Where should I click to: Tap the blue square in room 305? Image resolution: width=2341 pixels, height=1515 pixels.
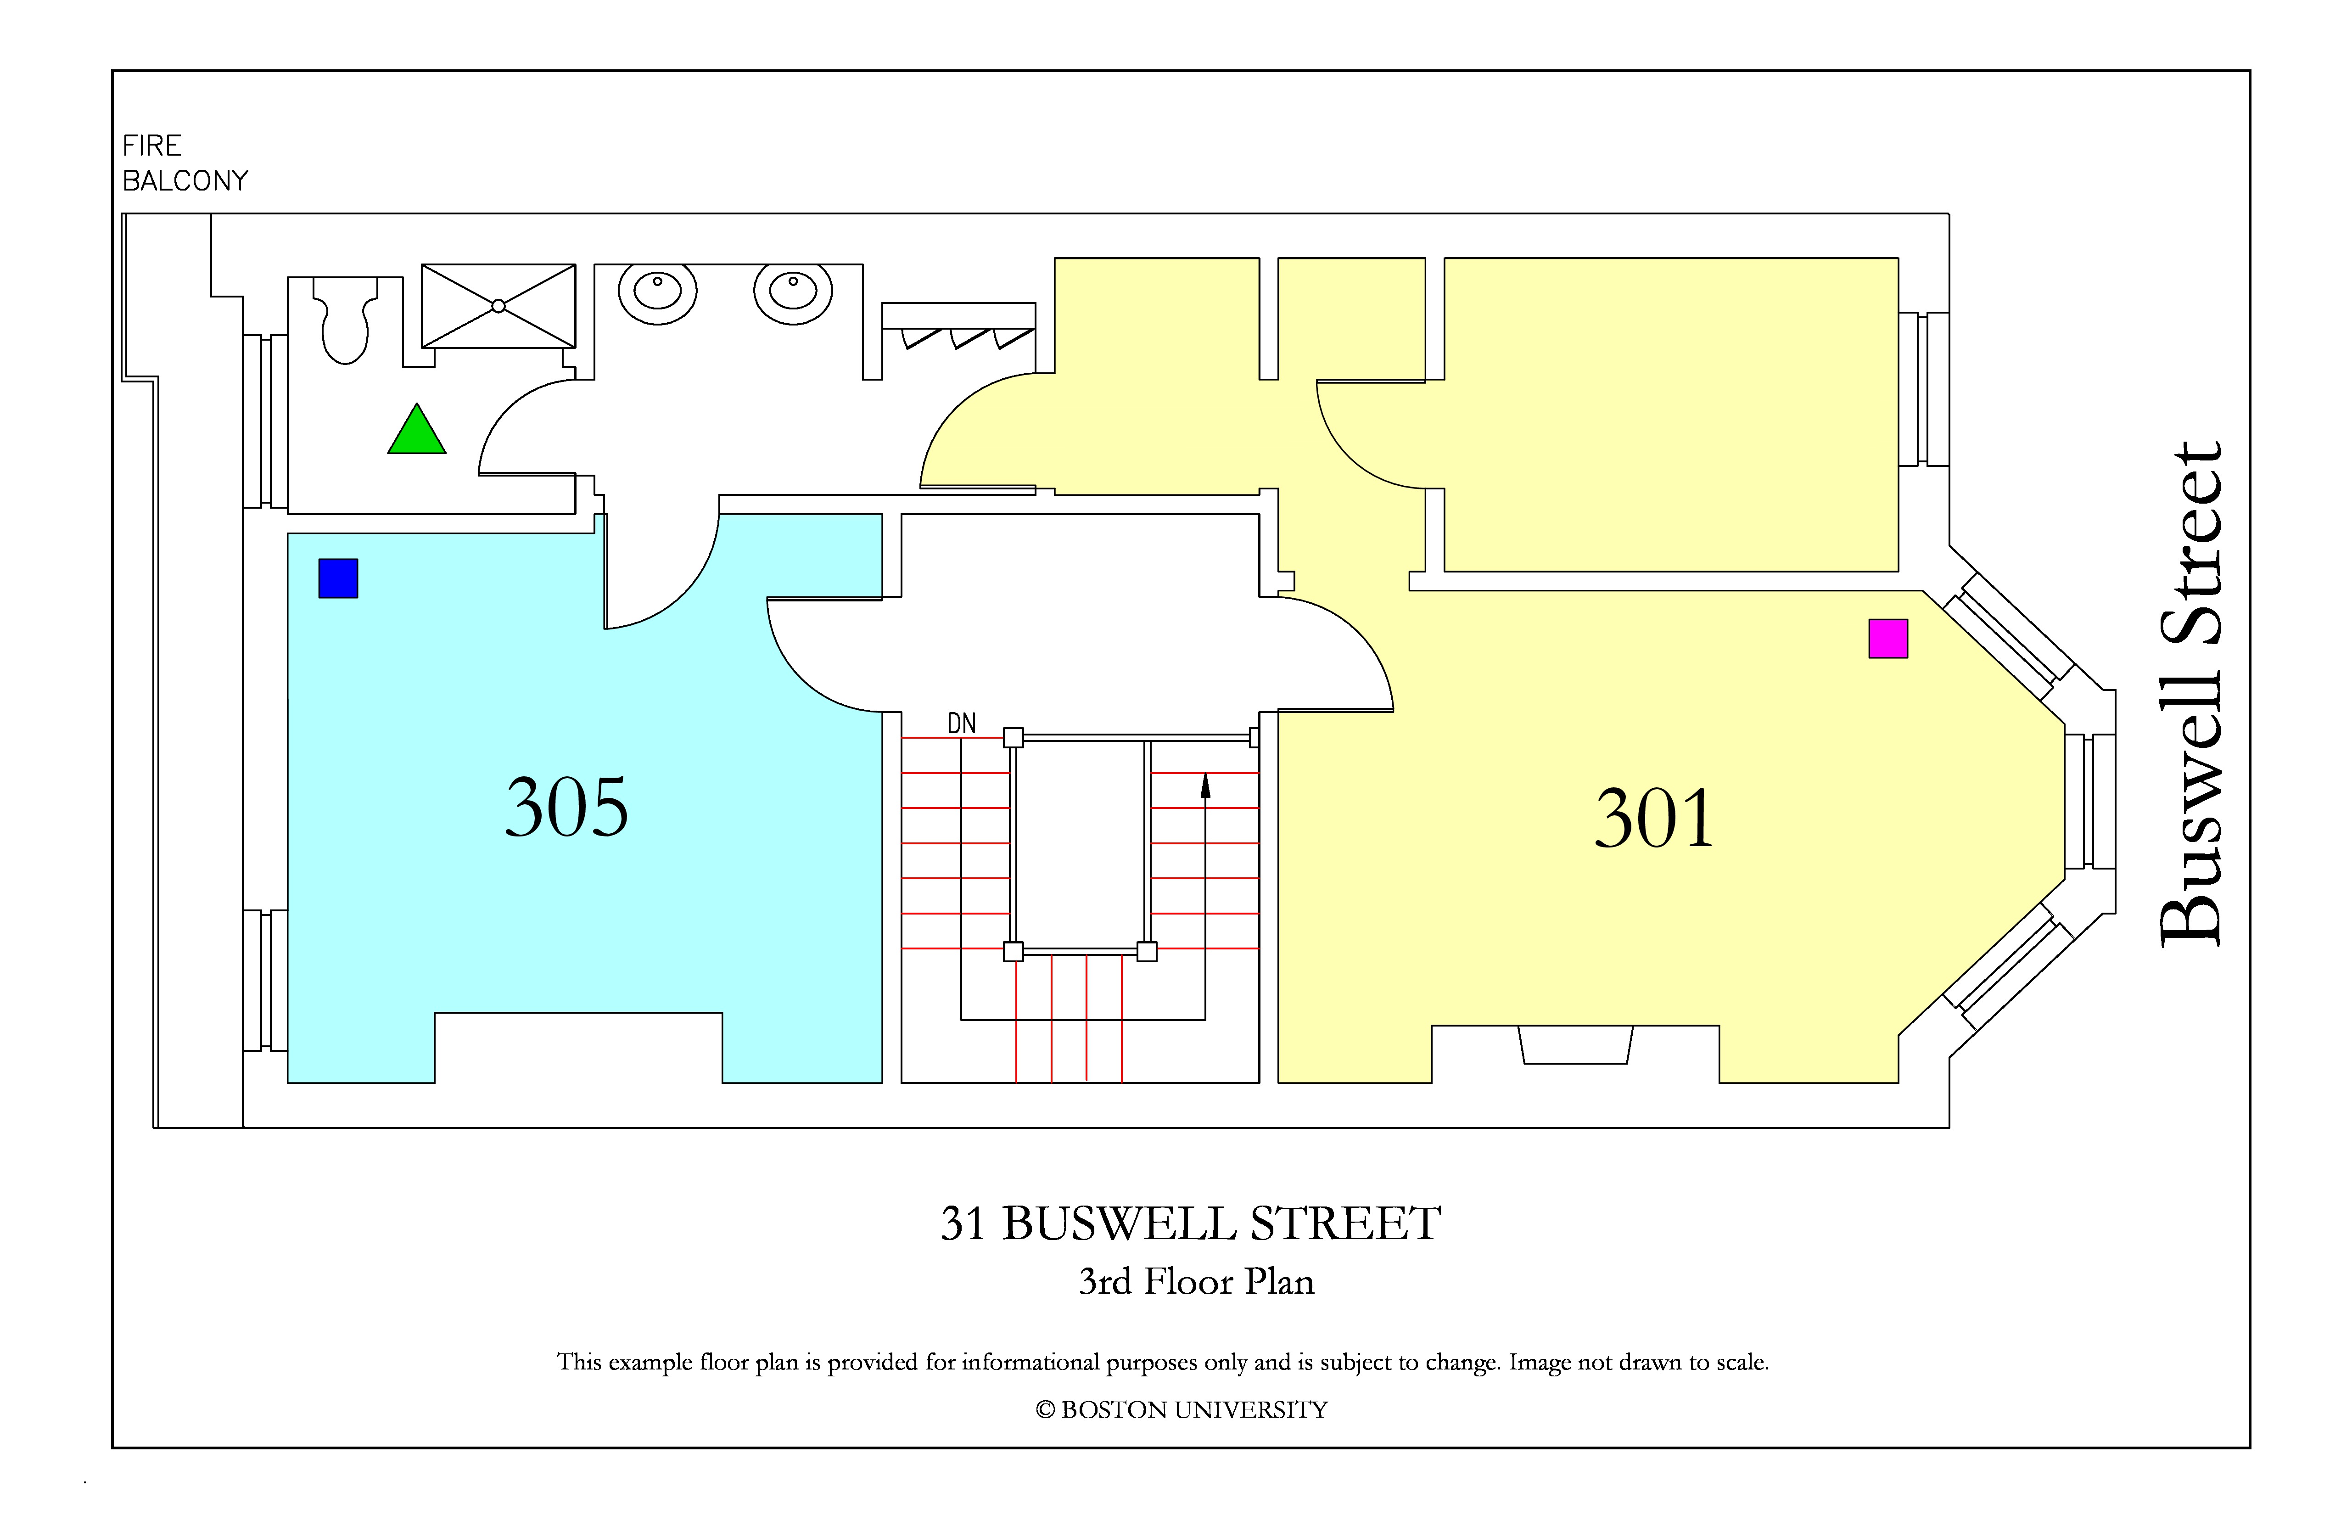338,578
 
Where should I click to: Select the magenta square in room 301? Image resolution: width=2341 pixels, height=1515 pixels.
1888,639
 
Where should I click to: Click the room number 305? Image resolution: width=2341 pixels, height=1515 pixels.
566,808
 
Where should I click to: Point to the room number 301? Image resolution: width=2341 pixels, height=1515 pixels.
1654,819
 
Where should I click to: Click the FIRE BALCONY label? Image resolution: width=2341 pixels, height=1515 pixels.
185,163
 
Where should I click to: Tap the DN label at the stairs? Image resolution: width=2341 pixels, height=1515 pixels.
961,724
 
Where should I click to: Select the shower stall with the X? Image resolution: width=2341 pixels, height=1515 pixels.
498,306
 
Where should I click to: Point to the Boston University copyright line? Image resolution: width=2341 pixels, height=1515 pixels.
1182,1410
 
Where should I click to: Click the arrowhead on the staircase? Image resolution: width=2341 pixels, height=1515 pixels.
1205,785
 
